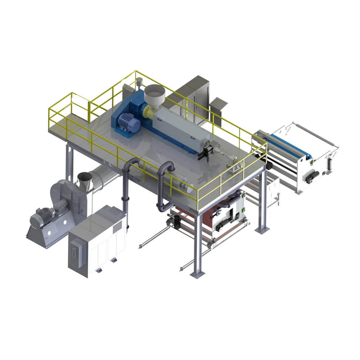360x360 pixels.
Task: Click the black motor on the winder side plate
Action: [x=311, y=176]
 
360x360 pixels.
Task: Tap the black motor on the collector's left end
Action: [x=174, y=221]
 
